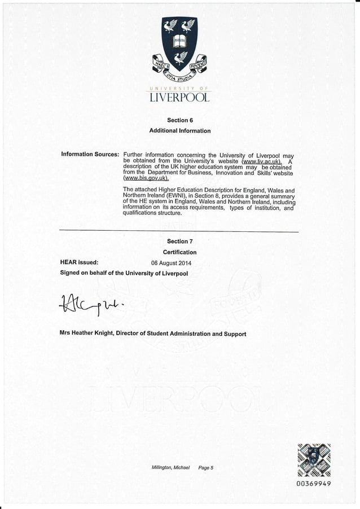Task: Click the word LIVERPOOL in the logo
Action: pos(179,98)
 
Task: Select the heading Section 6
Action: pos(179,120)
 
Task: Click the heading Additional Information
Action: pos(179,131)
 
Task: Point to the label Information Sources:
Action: pos(90,155)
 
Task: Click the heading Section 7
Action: pos(179,242)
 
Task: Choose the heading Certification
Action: pos(179,252)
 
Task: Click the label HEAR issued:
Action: pos(80,262)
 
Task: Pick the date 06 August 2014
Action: pos(172,263)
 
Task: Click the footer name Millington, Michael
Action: pos(171,468)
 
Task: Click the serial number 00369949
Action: pos(313,484)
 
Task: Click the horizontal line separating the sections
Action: pos(179,231)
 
